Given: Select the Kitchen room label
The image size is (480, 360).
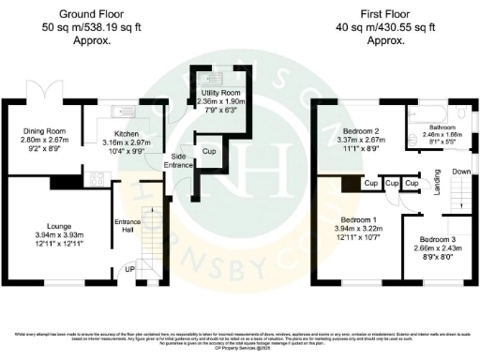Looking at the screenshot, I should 127,133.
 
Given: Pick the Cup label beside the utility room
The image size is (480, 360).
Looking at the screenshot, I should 210,150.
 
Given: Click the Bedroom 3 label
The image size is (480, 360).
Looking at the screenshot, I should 437,239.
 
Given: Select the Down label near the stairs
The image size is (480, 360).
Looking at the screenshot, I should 460,172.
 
